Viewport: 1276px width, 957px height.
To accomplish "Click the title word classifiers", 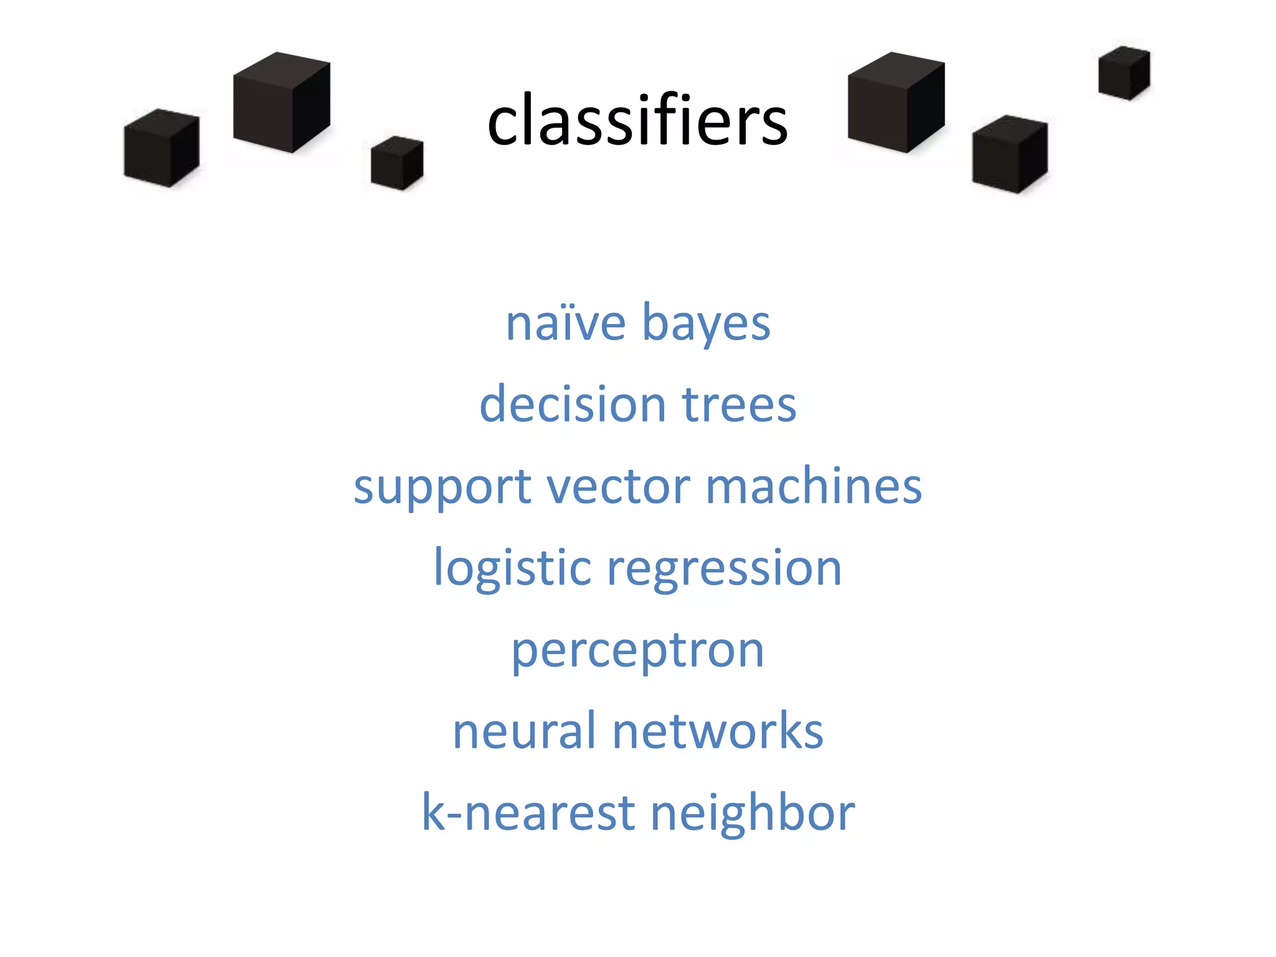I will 637,120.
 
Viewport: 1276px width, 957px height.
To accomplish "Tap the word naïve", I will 565,323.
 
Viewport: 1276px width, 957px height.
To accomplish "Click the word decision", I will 573,404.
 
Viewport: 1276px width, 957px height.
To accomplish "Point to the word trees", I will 739,406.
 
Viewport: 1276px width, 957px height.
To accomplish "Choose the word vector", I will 618,487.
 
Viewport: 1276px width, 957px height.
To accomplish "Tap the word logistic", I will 512,569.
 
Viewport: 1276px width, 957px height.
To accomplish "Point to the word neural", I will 525,731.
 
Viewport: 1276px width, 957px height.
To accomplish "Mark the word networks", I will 718,731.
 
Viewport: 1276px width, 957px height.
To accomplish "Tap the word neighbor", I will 753,814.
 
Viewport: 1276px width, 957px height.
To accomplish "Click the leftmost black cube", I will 161,148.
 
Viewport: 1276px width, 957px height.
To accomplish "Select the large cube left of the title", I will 281,103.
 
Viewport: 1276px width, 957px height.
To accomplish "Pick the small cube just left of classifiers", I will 397,163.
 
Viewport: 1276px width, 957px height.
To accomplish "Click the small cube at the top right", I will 1124,73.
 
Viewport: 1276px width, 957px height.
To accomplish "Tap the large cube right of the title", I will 896,103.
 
